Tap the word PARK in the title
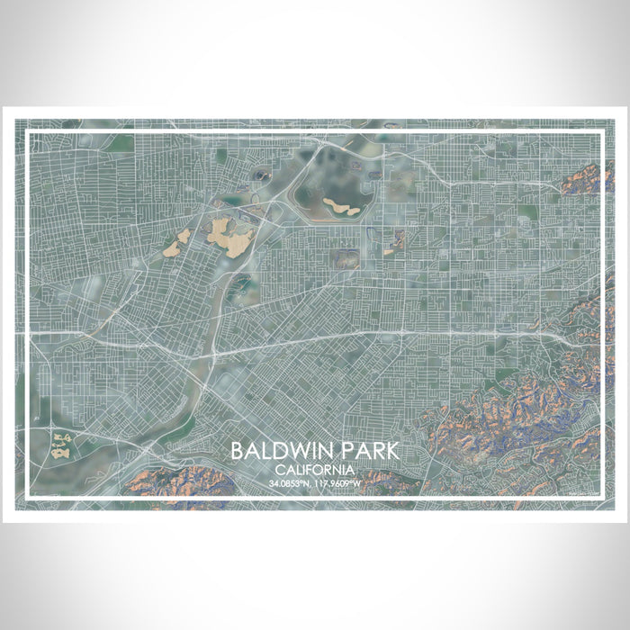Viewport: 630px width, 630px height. click(369, 450)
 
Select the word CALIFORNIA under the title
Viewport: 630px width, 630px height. click(315, 470)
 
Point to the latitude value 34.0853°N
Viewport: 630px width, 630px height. click(290, 484)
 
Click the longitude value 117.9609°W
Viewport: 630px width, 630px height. click(337, 484)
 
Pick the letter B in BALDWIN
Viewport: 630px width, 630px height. click(237, 450)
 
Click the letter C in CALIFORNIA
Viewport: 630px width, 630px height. click(280, 470)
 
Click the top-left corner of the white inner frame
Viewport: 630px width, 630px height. click(29, 132)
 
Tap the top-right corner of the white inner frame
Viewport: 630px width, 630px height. click(600, 132)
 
